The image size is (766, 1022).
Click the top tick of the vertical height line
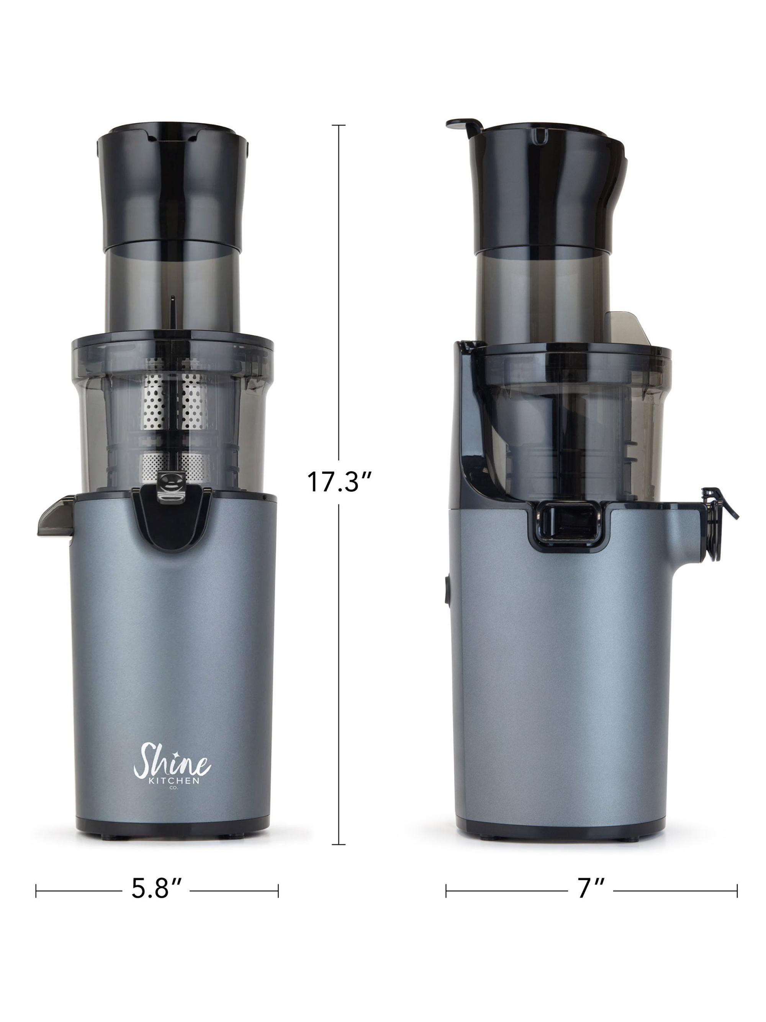tap(339, 125)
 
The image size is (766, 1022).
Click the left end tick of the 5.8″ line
tap(36, 889)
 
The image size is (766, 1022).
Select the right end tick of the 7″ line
tap(737, 889)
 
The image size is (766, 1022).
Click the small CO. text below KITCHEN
tap(173, 787)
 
